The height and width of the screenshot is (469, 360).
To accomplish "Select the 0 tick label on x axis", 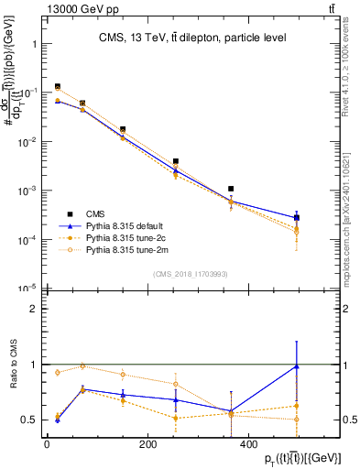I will pyautogui.click(x=47, y=444).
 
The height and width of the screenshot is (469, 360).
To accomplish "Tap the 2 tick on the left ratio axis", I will pyautogui.click(x=32, y=309).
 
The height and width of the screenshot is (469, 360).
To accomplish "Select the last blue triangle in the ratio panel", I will pyautogui.click(x=296, y=366).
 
